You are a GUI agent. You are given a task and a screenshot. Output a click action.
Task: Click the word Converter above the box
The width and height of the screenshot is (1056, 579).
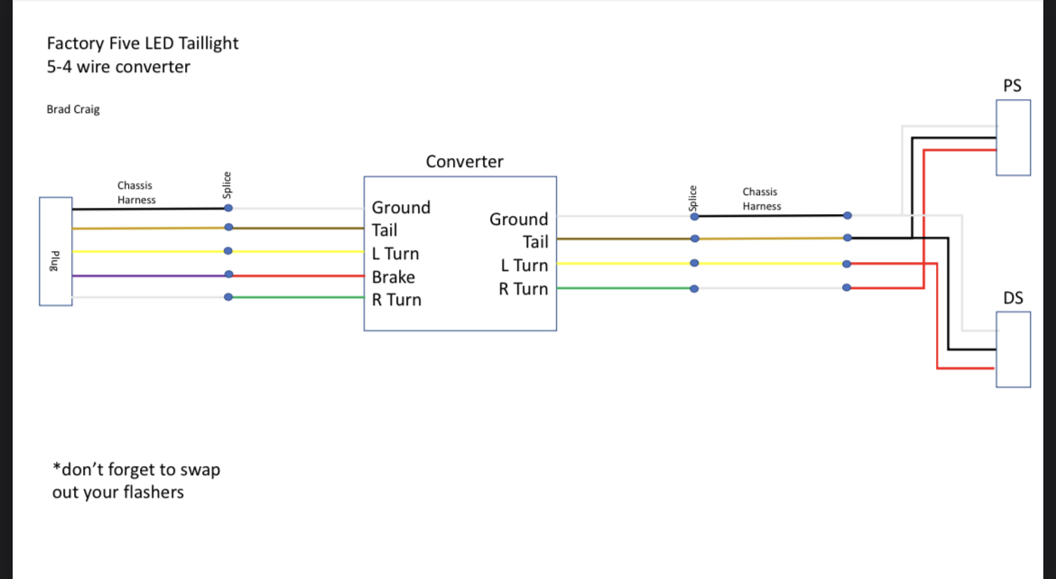(x=465, y=162)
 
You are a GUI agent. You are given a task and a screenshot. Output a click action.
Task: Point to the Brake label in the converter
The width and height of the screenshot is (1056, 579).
(x=394, y=277)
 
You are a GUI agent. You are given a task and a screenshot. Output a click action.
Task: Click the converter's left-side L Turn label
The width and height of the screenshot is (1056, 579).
(x=395, y=254)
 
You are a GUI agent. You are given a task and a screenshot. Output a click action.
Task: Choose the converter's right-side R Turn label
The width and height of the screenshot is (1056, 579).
(x=523, y=289)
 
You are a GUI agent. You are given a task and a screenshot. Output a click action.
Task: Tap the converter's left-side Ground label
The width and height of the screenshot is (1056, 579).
(x=401, y=208)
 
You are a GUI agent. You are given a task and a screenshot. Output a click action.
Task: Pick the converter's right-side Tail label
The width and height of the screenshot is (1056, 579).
(x=535, y=242)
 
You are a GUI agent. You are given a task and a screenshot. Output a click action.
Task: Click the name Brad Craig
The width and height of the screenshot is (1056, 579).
(x=73, y=109)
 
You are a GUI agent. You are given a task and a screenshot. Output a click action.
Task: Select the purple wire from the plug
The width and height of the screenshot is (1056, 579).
(x=150, y=275)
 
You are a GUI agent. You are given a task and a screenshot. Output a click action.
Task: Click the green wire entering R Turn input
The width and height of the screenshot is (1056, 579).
(x=296, y=297)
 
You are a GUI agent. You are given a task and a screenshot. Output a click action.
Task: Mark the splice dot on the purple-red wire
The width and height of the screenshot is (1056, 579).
(x=228, y=275)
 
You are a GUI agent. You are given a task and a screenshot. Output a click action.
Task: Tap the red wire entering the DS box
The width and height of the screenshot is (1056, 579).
(x=937, y=316)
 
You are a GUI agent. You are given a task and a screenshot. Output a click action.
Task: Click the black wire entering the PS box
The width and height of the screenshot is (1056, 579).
(x=912, y=187)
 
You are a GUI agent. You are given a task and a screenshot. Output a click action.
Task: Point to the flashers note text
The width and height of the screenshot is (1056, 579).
(x=136, y=481)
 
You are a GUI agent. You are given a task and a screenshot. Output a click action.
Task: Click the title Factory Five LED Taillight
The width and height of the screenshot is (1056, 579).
(x=143, y=43)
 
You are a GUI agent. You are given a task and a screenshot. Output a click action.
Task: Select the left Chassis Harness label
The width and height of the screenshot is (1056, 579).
(x=136, y=192)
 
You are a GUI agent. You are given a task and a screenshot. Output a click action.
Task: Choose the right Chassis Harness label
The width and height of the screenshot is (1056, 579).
(x=762, y=199)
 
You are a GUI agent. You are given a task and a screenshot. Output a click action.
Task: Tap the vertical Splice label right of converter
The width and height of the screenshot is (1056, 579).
(x=692, y=198)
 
